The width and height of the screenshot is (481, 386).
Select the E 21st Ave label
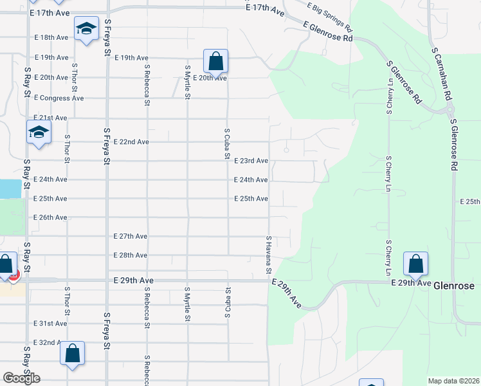tap(50, 118)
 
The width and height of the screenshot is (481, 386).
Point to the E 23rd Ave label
tap(251, 161)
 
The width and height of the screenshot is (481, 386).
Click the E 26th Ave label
tap(50, 217)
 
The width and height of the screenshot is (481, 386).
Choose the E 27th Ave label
tap(131, 236)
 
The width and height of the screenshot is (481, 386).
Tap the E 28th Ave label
tap(131, 255)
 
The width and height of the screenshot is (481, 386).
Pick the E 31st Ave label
tap(50, 324)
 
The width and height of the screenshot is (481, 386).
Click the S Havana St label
tap(269, 253)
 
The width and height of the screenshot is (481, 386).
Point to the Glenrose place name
tap(454, 286)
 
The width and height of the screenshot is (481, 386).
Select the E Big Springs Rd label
tap(330, 17)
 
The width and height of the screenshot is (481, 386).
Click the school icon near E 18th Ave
tap(86, 29)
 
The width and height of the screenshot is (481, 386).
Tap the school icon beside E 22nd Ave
tap(39, 133)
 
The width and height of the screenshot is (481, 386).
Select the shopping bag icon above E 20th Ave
tap(216, 62)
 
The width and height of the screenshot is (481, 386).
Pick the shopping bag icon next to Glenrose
tap(415, 264)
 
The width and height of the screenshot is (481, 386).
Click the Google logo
tap(21, 378)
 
